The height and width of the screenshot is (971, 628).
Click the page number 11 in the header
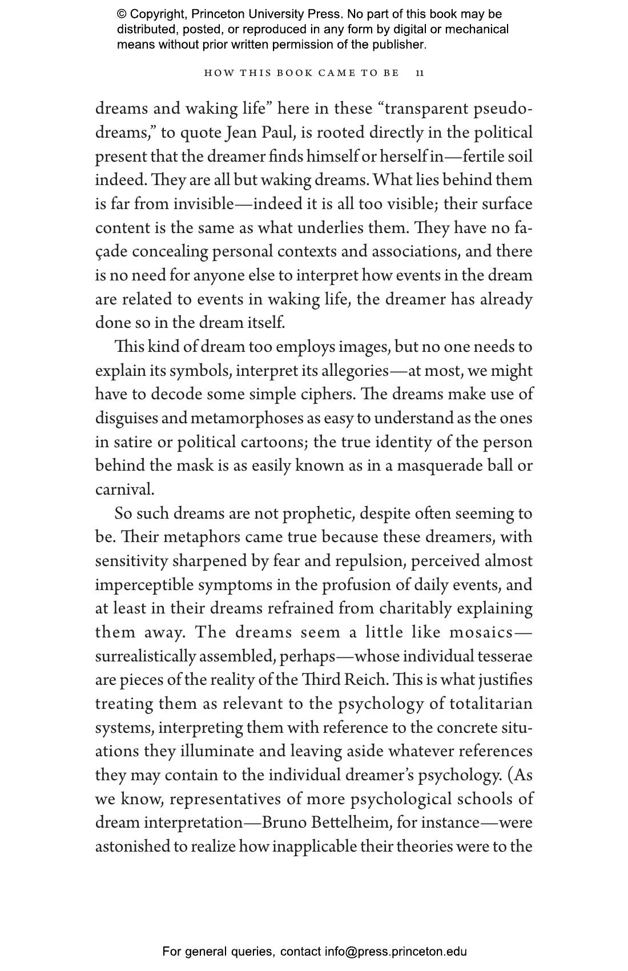pyautogui.click(x=420, y=73)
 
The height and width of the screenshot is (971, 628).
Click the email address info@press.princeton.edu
pyautogui.click(x=396, y=952)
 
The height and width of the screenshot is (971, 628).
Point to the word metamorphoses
pyautogui.click(x=247, y=419)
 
